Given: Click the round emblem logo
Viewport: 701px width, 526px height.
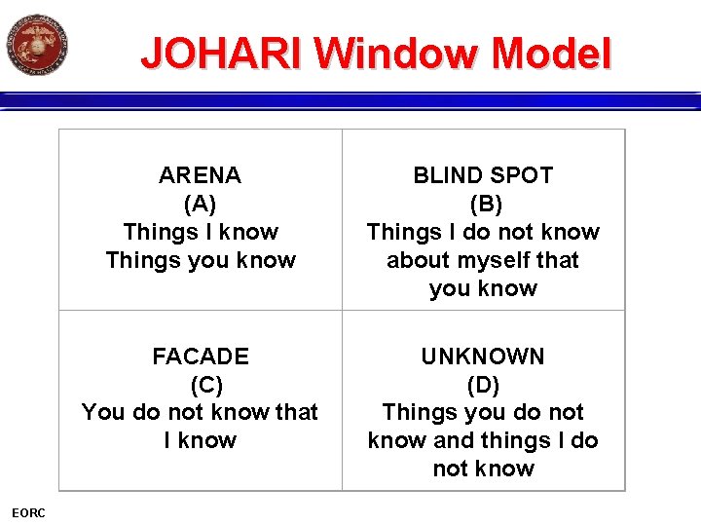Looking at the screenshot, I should point(37,44).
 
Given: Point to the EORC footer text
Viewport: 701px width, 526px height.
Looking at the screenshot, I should point(28,513).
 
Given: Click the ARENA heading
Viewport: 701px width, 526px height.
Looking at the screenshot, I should point(200,175).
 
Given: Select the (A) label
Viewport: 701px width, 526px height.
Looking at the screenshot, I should point(200,204).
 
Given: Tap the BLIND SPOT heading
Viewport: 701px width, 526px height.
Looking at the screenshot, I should point(483,175).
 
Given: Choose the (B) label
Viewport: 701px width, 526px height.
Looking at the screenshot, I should point(483,204).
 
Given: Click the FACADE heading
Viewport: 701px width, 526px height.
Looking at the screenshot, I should point(200,357).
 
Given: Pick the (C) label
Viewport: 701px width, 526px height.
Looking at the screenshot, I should point(200,384).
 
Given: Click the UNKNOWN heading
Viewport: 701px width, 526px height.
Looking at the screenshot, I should point(483,357).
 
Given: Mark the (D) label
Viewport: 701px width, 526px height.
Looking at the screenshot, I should point(483,384).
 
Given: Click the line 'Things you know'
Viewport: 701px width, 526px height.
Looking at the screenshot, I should point(200,260).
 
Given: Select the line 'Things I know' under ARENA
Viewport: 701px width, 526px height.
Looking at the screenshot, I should point(200,232).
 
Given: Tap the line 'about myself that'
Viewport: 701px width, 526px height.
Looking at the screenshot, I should point(483,260).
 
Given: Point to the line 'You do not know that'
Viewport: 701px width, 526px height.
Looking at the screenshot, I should point(200,412).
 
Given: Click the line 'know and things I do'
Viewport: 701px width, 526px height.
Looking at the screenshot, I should point(483,440).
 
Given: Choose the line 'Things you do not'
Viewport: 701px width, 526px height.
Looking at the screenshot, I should point(483,412).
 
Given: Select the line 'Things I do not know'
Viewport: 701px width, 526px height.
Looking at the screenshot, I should point(483,232).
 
